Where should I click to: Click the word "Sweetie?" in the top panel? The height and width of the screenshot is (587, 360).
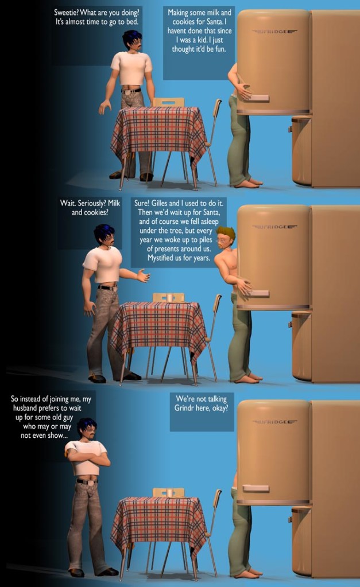(x=66, y=13)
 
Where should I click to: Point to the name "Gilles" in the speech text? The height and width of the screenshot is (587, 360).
(x=160, y=203)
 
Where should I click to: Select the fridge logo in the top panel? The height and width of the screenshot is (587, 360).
(x=274, y=32)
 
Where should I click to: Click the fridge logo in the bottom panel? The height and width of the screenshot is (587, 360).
(x=274, y=422)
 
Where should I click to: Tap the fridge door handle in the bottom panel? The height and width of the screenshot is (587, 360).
(x=256, y=488)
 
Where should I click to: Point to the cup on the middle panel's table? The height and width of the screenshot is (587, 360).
(x=170, y=298)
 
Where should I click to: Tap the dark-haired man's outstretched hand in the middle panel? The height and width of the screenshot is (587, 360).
(x=144, y=275)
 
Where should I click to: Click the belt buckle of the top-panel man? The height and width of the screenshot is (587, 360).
(x=127, y=91)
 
